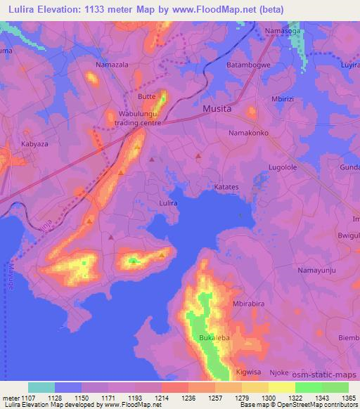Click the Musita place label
(217, 109)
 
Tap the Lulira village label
(167, 203)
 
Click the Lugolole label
(283, 167)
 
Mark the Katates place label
(227, 188)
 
